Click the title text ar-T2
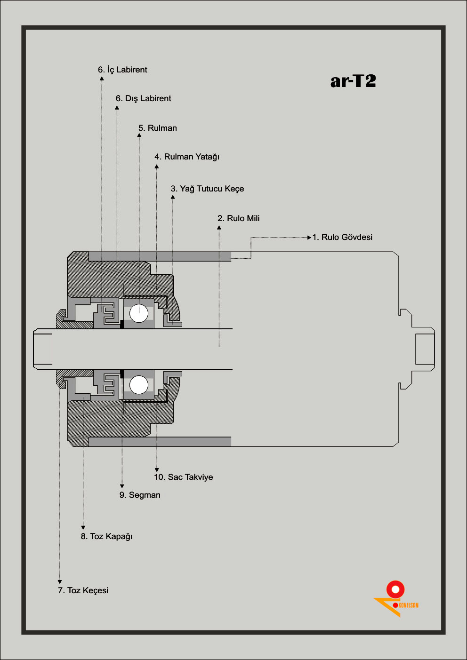[353, 81]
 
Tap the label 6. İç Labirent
[122, 70]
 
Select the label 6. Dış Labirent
[143, 98]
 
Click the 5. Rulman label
[158, 128]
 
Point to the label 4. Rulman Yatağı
[187, 157]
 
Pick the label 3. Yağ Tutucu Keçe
[207, 189]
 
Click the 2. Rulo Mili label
[238, 218]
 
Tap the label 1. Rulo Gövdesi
[342, 237]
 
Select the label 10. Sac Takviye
[183, 477]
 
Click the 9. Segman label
[140, 495]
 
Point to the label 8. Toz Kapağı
[106, 536]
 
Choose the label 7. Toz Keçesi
[83, 590]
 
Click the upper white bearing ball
[138, 313]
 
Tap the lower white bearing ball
[138, 385]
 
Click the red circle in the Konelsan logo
[395, 589]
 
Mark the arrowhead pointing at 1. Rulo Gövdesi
[309, 238]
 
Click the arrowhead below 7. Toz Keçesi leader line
[60, 582]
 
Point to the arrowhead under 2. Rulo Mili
[219, 228]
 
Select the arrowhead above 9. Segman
[122, 486]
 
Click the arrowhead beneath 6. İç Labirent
[102, 79]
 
